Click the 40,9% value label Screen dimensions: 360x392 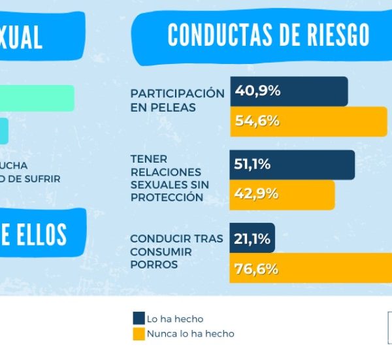(257, 91)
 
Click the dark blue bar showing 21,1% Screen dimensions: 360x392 (252, 239)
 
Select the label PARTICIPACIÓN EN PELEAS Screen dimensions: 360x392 (176, 100)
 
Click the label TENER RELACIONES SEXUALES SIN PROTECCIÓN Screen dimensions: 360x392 (170, 178)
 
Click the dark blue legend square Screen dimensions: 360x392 (139, 318)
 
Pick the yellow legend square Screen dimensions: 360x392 (139, 333)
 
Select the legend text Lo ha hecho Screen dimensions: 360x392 (175, 319)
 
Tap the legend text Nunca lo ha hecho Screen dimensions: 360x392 (190, 334)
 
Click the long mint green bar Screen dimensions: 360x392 (37, 98)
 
